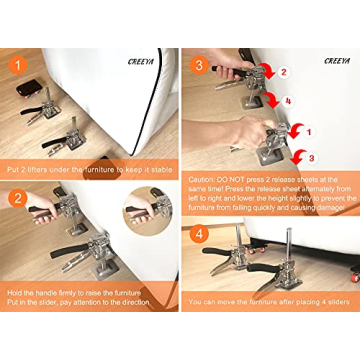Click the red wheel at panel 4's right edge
353,270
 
